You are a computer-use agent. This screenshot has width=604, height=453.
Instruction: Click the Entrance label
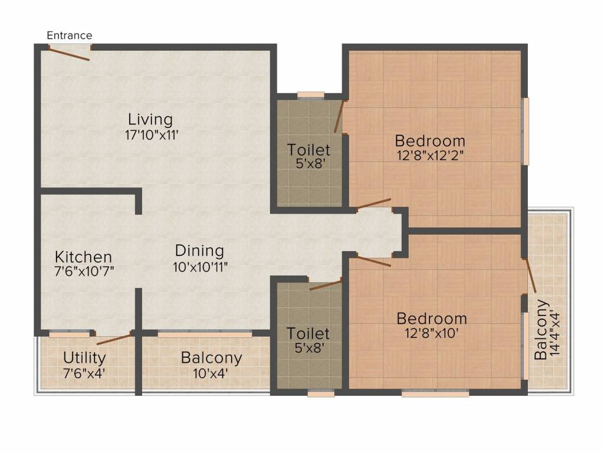coord(70,35)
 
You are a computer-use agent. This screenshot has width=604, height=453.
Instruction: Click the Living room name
coord(150,119)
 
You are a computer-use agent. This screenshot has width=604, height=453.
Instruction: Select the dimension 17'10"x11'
coord(152,135)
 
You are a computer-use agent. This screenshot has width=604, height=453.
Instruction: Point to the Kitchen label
coord(84,257)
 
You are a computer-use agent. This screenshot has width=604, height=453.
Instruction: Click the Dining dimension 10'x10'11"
coord(201,267)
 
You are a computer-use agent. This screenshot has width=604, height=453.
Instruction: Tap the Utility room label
coord(84,358)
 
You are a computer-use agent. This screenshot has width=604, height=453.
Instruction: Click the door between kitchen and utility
coord(115,339)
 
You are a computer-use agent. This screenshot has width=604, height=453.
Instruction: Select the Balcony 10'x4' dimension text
coord(211,373)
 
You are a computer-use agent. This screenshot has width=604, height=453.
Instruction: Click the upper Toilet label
coord(309,149)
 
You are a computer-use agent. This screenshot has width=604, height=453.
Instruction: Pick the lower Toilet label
coord(308,333)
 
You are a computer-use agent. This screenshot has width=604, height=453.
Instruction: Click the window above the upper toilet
coord(311,95)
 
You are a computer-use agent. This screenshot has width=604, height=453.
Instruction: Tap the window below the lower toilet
coord(321,393)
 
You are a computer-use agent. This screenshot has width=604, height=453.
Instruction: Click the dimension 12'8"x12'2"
coord(430,156)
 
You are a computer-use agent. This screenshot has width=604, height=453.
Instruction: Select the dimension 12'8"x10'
coord(431,333)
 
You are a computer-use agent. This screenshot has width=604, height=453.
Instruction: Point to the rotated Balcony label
coord(541,330)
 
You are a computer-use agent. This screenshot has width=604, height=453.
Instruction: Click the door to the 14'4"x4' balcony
coord(529,275)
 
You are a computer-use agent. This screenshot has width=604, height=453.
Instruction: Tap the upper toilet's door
coord(339,116)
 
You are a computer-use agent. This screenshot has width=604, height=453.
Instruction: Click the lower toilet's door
coord(326,285)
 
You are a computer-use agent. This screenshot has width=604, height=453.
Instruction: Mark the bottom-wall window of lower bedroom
coord(435,393)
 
